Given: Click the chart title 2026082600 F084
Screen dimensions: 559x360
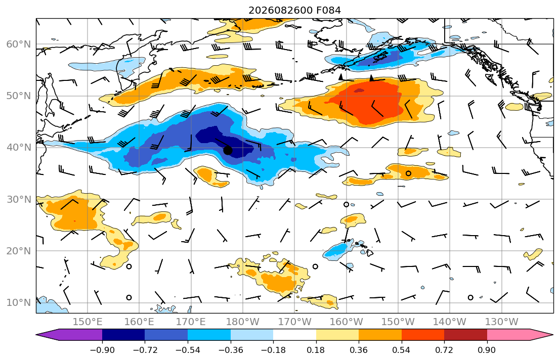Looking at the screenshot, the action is coord(294,10).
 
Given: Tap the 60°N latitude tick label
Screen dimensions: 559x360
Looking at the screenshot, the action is coord(19,44).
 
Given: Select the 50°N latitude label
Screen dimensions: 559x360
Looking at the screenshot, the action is coord(19,96).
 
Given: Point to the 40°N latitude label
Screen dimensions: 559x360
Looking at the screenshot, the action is coord(19,147).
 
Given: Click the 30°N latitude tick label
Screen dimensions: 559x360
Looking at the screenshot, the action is coord(19,199).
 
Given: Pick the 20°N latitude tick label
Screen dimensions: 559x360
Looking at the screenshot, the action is coord(19,251).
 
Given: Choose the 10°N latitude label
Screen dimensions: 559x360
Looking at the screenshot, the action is coord(19,302).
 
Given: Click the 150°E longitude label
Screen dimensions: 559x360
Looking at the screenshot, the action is coord(88,322).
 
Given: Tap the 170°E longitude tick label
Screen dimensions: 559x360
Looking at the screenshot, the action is coord(191,322).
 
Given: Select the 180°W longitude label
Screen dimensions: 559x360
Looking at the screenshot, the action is coord(243,322).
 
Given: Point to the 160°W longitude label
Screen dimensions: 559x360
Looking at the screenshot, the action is coord(346,322).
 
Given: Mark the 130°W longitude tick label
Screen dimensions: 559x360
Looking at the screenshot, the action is coord(502,322).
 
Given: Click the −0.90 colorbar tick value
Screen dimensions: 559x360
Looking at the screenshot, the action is coord(102,350).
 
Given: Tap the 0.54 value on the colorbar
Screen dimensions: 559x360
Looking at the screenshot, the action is coord(402,350).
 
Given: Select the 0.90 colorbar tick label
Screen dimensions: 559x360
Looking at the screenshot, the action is coord(487,350).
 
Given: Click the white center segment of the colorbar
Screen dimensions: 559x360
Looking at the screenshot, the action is coord(294,335).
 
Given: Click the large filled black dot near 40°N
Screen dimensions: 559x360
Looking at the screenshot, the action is coord(228,150).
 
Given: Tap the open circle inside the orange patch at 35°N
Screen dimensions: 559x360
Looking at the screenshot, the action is coord(409,173).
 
